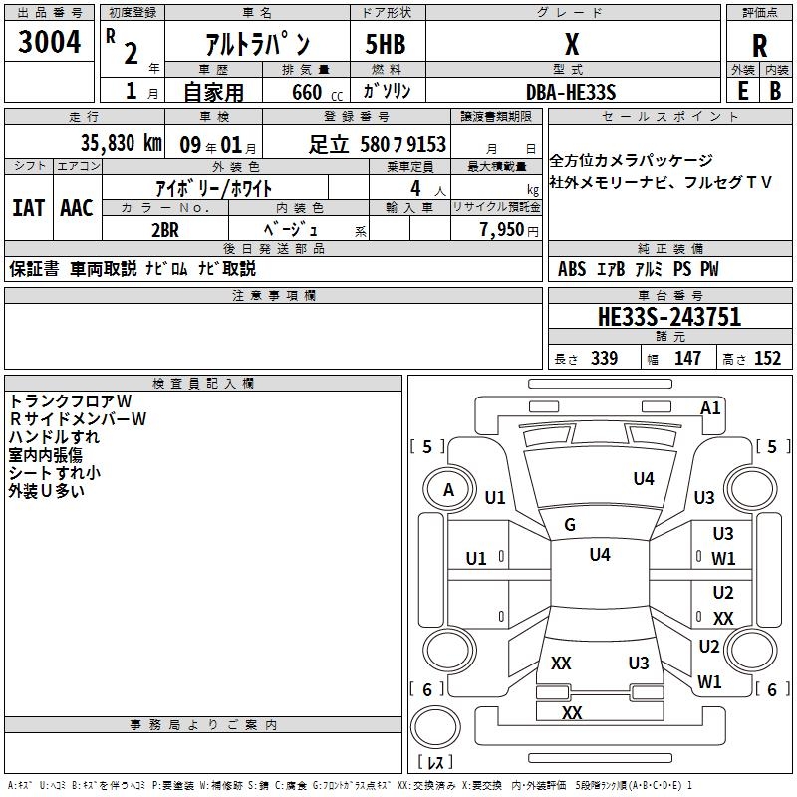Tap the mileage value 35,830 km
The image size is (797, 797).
(x=120, y=143)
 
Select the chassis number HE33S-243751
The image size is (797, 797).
(x=669, y=317)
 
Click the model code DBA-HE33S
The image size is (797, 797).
(x=571, y=92)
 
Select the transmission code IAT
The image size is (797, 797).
(x=29, y=207)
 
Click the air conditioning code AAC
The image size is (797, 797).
(x=76, y=207)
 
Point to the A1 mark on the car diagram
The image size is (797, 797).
(x=710, y=407)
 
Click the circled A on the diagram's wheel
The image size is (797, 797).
(x=448, y=489)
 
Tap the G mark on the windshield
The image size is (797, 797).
(x=570, y=525)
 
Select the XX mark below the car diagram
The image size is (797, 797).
(x=572, y=712)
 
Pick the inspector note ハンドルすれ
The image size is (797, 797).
(x=54, y=436)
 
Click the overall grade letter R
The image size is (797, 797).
(x=759, y=45)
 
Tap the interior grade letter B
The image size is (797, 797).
(x=775, y=90)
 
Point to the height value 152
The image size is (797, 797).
(x=767, y=359)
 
